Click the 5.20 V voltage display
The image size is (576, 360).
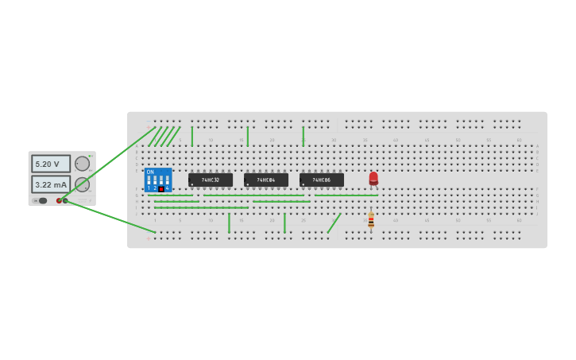51,164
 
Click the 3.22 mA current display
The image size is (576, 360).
51,184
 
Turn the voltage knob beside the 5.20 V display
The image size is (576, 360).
82,164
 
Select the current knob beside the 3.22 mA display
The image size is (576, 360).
82,184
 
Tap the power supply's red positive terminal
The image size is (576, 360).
59,200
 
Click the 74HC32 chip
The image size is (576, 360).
211,180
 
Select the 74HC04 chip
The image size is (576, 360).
266,180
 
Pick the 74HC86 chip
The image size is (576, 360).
322,180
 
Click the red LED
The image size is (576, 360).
373,178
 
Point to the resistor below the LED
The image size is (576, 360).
371,219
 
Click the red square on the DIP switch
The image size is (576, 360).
161,188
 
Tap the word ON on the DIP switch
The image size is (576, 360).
150,172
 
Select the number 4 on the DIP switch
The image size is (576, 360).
168,188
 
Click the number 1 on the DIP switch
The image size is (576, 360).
149,188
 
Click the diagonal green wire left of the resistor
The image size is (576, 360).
334,223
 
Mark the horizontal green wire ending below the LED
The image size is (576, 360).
346,195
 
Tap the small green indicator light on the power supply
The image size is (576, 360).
91,156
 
